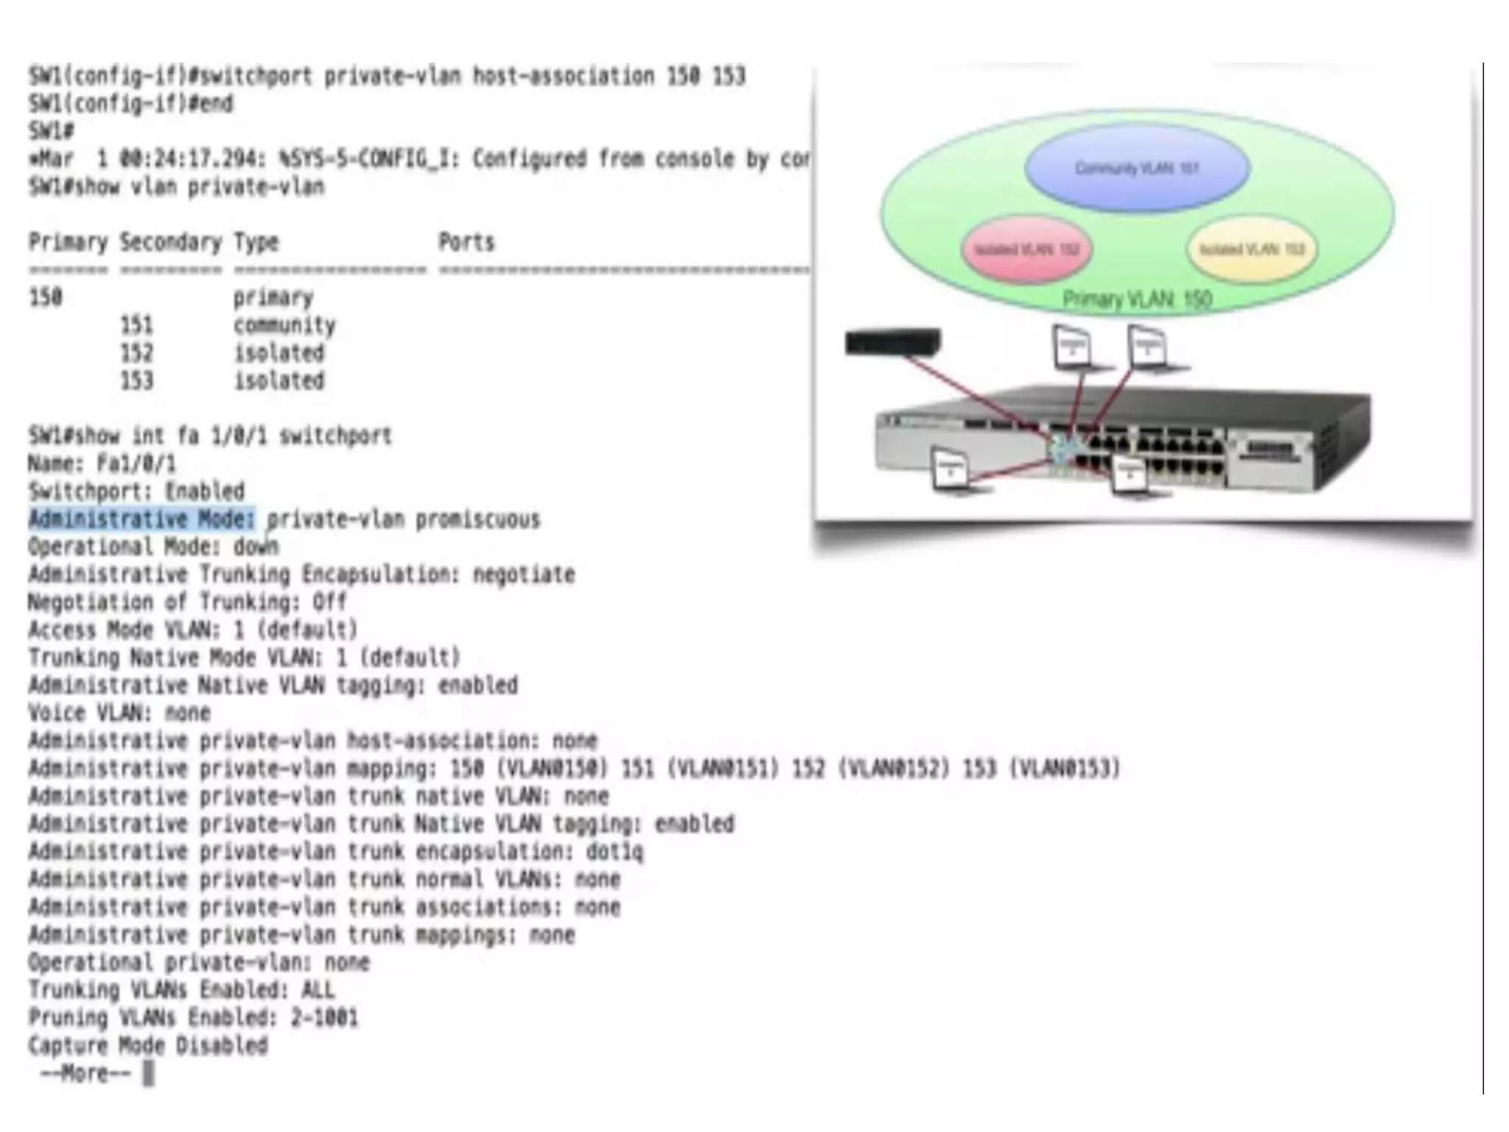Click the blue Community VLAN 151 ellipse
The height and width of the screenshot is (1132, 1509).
point(1137,168)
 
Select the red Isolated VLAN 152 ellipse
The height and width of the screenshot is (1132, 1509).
point(1026,249)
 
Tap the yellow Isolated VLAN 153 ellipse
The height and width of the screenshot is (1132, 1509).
point(1252,249)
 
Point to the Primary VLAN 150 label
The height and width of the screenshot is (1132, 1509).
point(1137,299)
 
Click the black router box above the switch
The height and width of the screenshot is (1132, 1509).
point(893,342)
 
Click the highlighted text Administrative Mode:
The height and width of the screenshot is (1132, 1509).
point(141,520)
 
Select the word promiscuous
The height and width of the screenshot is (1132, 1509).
point(477,520)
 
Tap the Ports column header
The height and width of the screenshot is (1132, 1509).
point(466,242)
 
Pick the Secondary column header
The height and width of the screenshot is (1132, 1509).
point(171,242)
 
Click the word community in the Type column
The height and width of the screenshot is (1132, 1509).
point(284,325)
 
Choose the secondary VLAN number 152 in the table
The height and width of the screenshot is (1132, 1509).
point(137,353)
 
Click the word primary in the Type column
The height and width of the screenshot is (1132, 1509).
point(273,298)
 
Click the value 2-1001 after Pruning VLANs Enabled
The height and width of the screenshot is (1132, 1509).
point(324,1018)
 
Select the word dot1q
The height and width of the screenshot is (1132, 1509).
point(615,852)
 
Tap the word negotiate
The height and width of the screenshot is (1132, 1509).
point(523,574)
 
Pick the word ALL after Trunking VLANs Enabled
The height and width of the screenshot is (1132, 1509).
point(318,990)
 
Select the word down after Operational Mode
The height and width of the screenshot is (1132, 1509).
point(256,547)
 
